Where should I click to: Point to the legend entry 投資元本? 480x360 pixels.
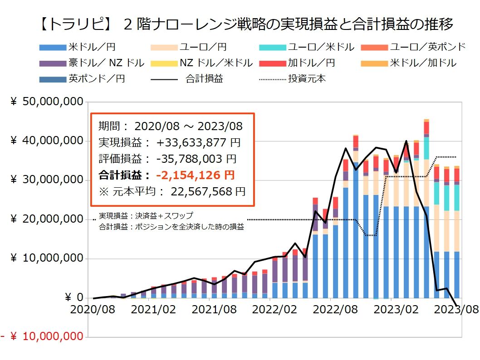click(x=307, y=78)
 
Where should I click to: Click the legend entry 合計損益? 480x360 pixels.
click(x=204, y=78)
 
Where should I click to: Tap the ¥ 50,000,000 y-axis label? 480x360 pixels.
click(x=48, y=102)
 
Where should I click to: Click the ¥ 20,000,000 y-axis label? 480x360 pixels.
click(x=48, y=219)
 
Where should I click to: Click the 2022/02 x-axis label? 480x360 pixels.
click(x=269, y=310)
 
